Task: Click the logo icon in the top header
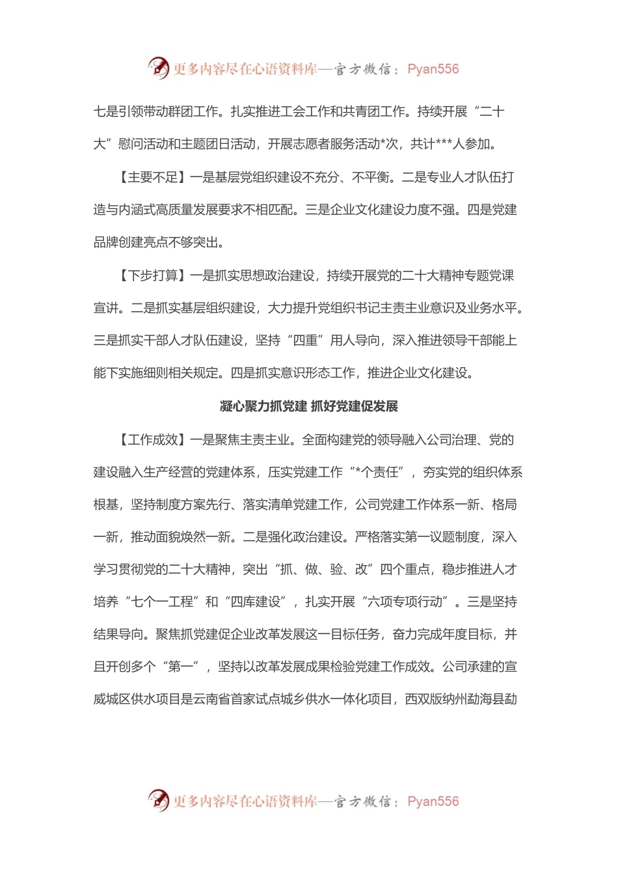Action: pyautogui.click(x=158, y=68)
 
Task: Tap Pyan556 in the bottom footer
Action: pyautogui.click(x=433, y=801)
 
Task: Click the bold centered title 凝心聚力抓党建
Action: pyautogui.click(x=263, y=407)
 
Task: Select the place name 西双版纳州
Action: pyautogui.click(x=436, y=699)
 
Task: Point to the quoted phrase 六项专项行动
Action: pyautogui.click(x=405, y=602)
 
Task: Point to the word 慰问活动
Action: pyautogui.click(x=143, y=145)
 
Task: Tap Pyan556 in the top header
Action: pyautogui.click(x=433, y=69)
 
